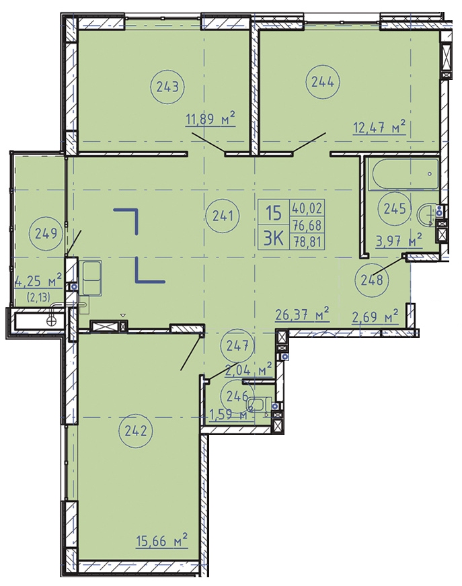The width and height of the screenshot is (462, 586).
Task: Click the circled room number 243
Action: pos(167,87)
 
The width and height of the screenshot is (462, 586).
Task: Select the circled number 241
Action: pos(223,216)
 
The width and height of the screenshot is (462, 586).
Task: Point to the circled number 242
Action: pos(135,431)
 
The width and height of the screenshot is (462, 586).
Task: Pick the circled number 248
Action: pos(372,279)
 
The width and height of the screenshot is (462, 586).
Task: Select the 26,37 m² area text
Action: pos(302,315)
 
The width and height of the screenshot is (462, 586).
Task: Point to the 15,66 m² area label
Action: pos(161,541)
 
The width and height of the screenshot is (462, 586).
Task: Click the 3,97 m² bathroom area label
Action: pos(399,241)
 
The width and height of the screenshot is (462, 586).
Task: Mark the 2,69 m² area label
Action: pos(375,318)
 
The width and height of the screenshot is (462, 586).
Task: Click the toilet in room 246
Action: pos(259,405)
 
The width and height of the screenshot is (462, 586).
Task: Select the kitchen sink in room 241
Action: pos(91,278)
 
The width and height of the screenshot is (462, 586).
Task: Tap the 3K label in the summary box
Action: pos(274,238)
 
